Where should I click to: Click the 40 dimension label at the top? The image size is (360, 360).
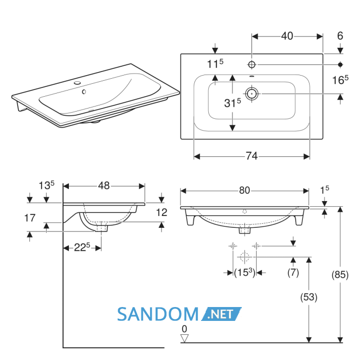287,36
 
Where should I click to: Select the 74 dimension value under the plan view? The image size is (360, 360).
252,156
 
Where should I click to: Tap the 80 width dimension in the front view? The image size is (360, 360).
244,190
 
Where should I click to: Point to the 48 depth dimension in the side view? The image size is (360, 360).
104,186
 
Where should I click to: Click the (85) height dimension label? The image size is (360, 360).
340,275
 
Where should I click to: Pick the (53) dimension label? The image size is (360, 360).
309,297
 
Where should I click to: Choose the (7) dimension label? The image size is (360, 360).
293,273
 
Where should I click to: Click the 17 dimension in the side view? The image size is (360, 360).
30,218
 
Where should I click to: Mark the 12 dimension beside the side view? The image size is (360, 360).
161,212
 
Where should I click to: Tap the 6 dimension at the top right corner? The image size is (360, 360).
340,36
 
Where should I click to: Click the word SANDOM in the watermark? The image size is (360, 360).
158,314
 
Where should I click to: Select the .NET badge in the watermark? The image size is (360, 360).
221,314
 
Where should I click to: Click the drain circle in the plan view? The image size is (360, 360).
251,94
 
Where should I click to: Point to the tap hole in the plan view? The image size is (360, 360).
251,64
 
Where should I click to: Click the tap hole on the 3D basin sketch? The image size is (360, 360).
77,83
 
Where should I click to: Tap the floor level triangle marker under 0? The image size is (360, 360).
184,338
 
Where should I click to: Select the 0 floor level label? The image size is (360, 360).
184,329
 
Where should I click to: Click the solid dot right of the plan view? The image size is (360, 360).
340,64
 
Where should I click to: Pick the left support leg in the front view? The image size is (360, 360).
190,218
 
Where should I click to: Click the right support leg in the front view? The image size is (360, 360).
299,218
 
